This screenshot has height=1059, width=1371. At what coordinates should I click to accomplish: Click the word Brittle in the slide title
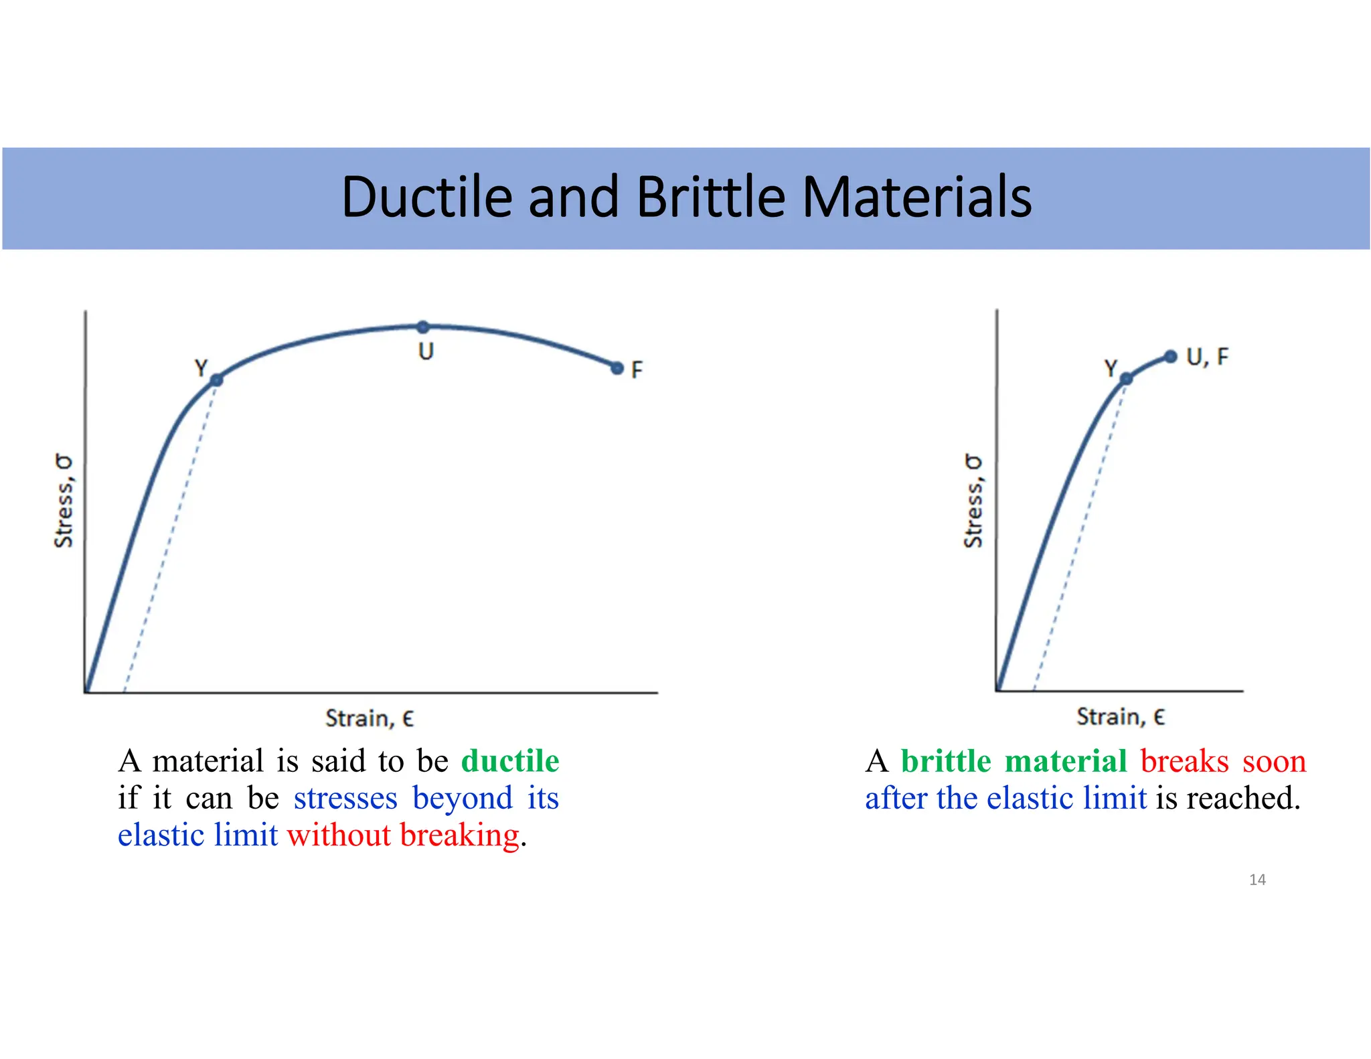pos(710,197)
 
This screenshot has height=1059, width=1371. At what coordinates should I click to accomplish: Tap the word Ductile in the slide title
pos(426,197)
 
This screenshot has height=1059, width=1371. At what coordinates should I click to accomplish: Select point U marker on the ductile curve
pos(423,327)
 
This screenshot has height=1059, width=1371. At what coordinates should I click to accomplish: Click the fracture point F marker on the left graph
pos(617,368)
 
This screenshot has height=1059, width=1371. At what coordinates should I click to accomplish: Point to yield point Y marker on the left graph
pos(216,380)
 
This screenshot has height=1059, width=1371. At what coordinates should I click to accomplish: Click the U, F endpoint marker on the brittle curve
pos(1170,356)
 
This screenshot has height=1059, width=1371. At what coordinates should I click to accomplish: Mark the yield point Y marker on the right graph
pos(1126,379)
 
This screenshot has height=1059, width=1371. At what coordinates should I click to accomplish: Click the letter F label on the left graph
pos(637,370)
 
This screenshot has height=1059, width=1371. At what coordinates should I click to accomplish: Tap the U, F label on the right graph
pos(1207,357)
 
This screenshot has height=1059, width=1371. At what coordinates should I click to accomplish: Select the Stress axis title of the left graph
pos(64,500)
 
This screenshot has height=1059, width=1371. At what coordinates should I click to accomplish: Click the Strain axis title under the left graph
pos(370,718)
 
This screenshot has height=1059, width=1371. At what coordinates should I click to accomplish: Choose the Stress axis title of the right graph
pos(974,500)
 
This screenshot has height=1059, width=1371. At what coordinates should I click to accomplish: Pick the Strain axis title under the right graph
pos(1121,717)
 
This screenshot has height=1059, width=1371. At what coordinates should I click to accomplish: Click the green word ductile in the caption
pos(510,761)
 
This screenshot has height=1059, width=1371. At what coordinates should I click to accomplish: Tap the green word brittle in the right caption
pos(945,761)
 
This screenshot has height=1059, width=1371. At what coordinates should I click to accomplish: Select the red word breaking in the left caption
pos(459,835)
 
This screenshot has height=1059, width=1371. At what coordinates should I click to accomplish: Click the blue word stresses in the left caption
pos(345,798)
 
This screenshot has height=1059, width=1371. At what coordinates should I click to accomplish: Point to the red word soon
pos(1274,761)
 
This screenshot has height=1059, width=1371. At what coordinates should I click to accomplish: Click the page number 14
pos(1257,880)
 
